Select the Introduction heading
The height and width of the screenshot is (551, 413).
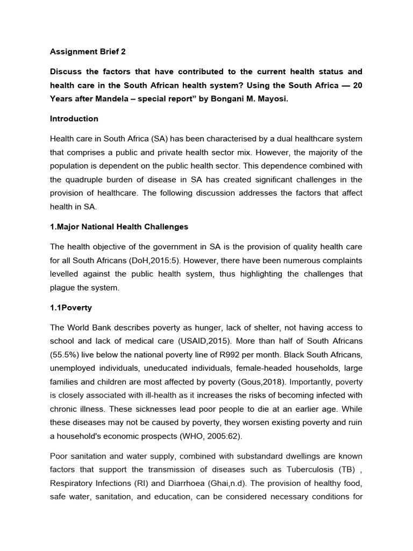(74, 118)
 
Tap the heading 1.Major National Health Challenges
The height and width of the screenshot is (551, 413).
(119, 227)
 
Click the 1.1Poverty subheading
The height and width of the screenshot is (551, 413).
(70, 307)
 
